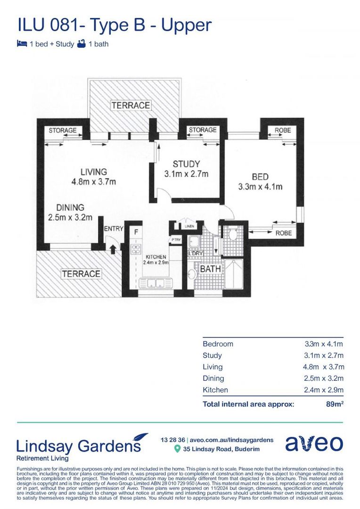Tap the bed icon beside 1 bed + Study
tap(21, 44)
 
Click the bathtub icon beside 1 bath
tap(82, 44)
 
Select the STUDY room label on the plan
tap(186, 164)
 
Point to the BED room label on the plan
tap(260, 177)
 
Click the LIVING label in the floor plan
tap(93, 172)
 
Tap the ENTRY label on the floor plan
tap(114, 229)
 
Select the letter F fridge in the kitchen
tap(136, 232)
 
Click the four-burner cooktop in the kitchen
tap(136, 250)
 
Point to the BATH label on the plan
tap(211, 269)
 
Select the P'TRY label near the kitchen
tap(176, 239)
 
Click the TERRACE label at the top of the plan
tap(131, 105)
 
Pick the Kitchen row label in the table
tap(215, 390)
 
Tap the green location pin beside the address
tap(177, 449)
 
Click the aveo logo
tap(314, 444)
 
